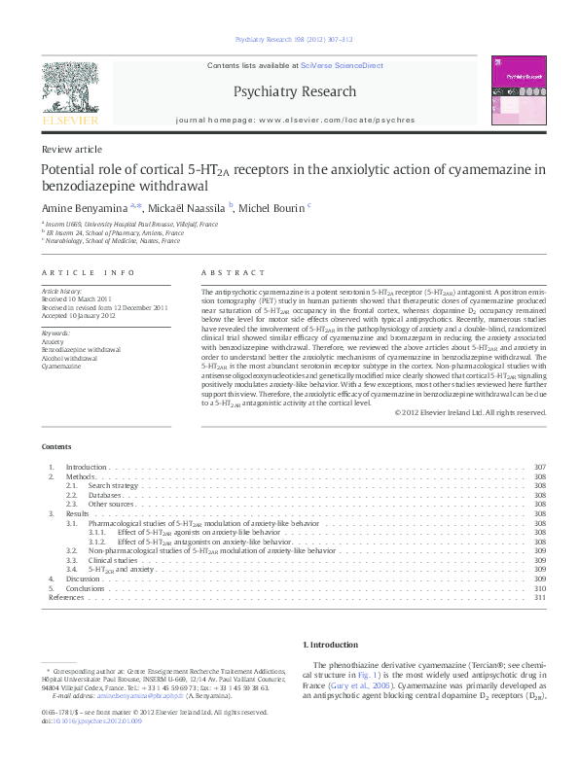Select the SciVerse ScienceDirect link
[342, 66]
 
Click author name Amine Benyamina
[85, 207]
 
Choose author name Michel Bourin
[272, 207]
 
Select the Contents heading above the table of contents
[55, 446]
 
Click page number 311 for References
[541, 598]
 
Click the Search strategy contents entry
[112, 485]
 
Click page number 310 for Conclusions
[541, 588]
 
